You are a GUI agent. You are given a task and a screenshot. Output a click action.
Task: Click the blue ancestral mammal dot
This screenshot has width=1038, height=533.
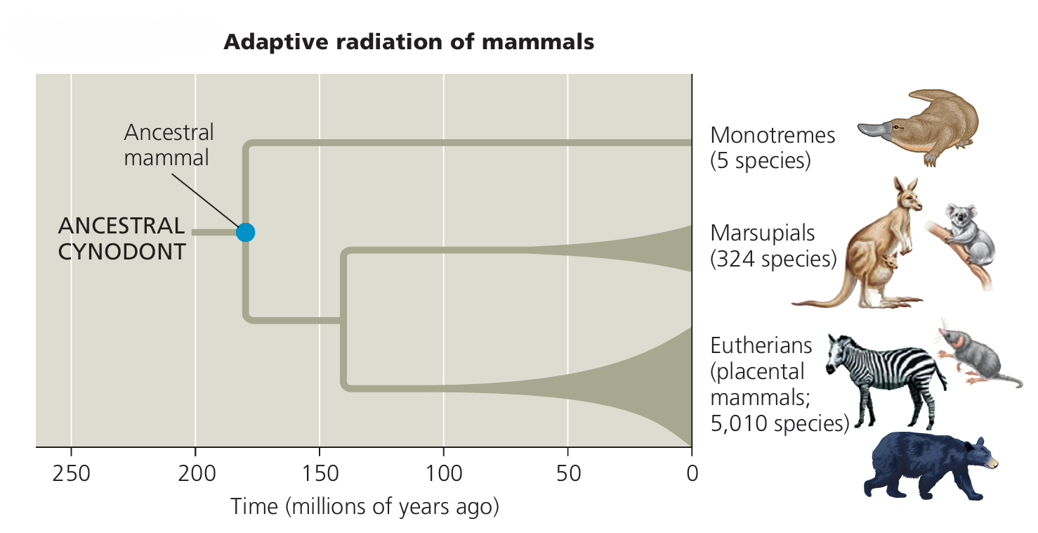click(x=245, y=231)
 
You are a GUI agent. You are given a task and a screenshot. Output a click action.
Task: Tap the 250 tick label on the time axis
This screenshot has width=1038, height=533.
click(x=71, y=473)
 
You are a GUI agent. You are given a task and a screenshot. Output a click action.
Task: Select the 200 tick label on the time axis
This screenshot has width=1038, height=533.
click(x=195, y=473)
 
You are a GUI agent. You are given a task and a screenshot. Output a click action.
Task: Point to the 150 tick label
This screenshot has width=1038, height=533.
click(x=319, y=473)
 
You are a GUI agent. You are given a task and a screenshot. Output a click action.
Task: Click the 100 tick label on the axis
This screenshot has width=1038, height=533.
click(x=443, y=473)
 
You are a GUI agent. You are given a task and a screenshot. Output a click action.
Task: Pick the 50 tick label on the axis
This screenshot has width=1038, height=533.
click(x=567, y=473)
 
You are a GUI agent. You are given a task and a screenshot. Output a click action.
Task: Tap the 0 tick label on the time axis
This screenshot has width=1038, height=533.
click(x=691, y=473)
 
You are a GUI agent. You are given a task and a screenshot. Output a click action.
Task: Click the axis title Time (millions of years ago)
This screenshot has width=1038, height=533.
click(x=364, y=506)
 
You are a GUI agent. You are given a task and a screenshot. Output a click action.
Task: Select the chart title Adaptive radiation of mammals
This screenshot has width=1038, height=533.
click(x=409, y=42)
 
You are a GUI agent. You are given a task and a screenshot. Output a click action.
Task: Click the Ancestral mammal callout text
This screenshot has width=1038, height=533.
click(x=169, y=145)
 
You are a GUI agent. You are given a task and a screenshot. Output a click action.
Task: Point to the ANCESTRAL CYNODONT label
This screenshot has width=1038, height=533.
click(x=121, y=238)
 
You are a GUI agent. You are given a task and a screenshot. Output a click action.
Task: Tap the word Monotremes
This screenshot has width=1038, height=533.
click(x=773, y=134)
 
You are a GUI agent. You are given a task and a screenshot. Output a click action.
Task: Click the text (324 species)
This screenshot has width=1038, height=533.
click(x=773, y=259)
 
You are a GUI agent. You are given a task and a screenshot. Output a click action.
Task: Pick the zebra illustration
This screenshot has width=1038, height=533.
click(x=885, y=376)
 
